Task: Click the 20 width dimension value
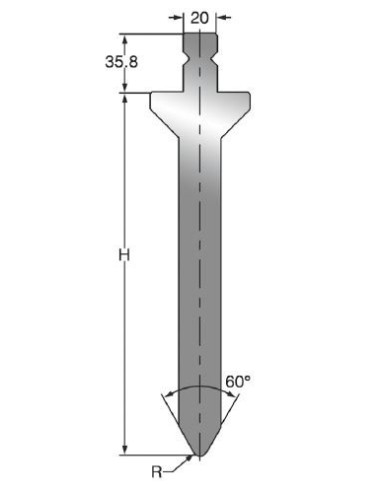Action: [199, 18]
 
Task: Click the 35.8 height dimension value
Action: [121, 62]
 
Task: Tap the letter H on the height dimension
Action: [124, 255]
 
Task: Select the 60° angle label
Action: [238, 382]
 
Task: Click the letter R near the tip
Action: [157, 472]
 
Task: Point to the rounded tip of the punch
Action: [199, 454]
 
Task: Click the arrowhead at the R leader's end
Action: [190, 458]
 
